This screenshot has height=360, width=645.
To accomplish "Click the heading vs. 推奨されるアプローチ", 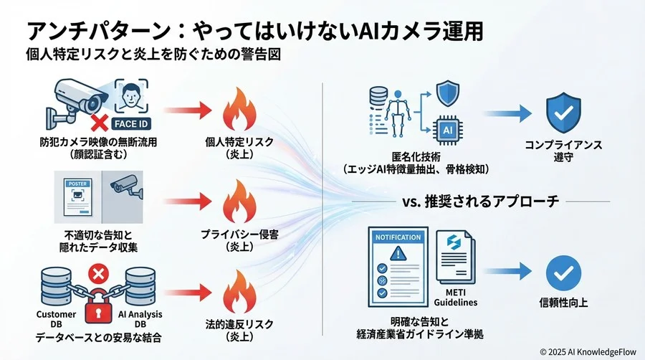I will (x=477, y=201).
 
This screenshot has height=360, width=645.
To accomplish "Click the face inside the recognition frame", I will (x=132, y=97).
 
